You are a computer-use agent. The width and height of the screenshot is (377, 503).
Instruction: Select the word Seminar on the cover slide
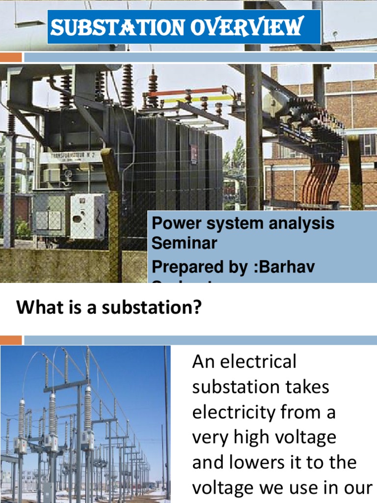coord(184,243)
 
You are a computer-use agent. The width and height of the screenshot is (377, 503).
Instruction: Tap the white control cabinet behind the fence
coord(87,216)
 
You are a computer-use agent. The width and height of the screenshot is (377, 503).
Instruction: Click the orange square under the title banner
coord(11,57)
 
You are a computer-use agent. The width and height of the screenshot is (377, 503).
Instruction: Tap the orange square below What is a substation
coord(11,340)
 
